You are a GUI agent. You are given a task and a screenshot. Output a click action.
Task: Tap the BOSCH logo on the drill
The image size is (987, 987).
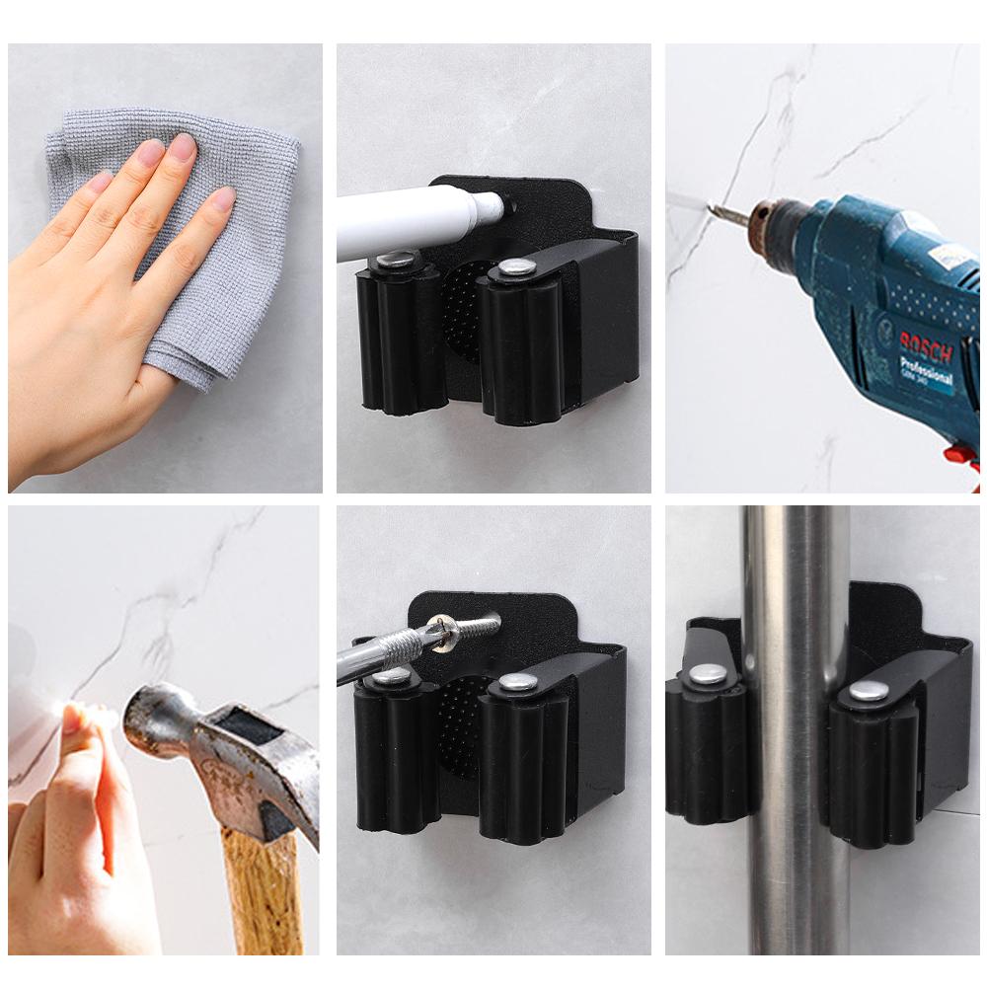[925, 348]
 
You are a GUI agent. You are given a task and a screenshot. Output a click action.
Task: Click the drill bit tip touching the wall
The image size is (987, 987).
[714, 207]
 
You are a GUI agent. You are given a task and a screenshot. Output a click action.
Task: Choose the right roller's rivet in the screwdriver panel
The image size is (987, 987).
[517, 682]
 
